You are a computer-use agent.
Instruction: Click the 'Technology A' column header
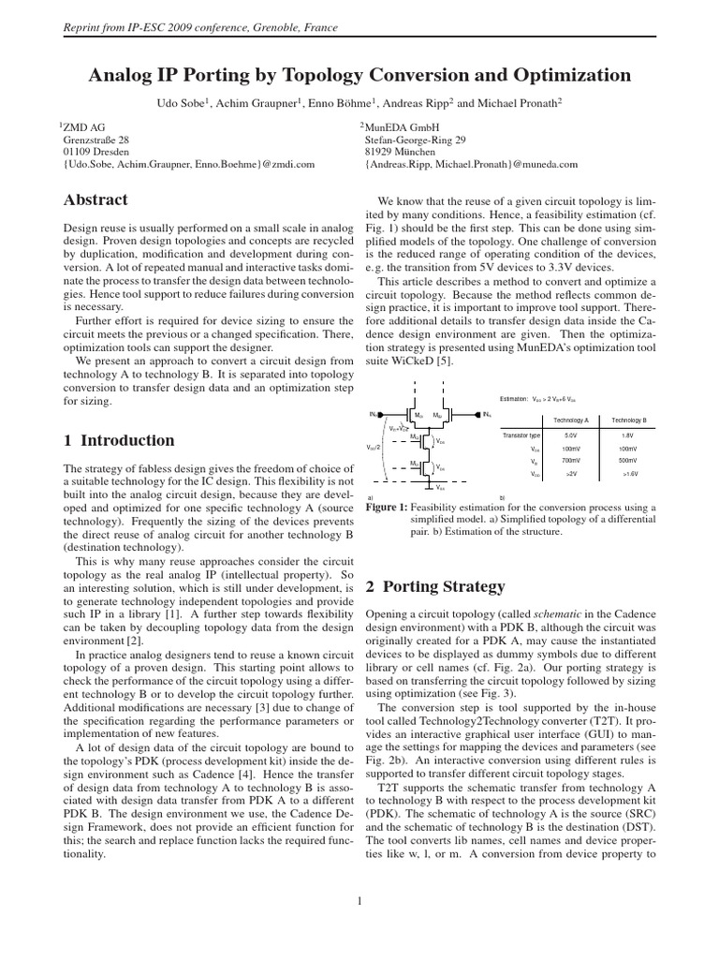571,420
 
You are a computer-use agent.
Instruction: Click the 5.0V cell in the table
571,435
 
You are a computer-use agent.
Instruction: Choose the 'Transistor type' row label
521,435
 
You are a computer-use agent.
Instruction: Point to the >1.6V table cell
630,475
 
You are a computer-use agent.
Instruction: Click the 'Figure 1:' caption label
384,506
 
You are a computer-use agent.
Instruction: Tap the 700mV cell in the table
571,461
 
